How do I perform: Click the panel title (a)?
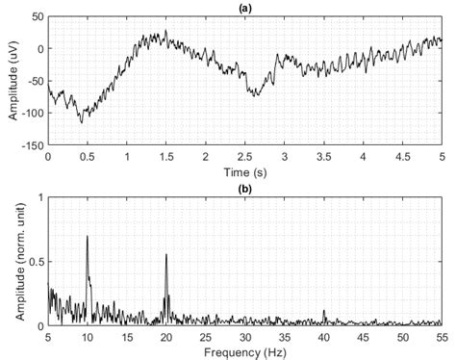(x=244, y=7)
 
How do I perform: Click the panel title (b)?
(x=244, y=188)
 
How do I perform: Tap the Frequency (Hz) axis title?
(x=244, y=351)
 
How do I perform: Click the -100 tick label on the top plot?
(x=33, y=114)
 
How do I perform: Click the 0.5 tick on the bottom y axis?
(x=36, y=262)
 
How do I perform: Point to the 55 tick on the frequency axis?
(x=443, y=337)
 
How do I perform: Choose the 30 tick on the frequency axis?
(x=245, y=337)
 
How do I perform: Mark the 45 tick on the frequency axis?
(x=364, y=337)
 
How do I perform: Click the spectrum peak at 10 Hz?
(x=88, y=236)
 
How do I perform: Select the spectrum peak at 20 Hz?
(x=166, y=255)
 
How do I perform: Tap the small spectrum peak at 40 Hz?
(x=324, y=312)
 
